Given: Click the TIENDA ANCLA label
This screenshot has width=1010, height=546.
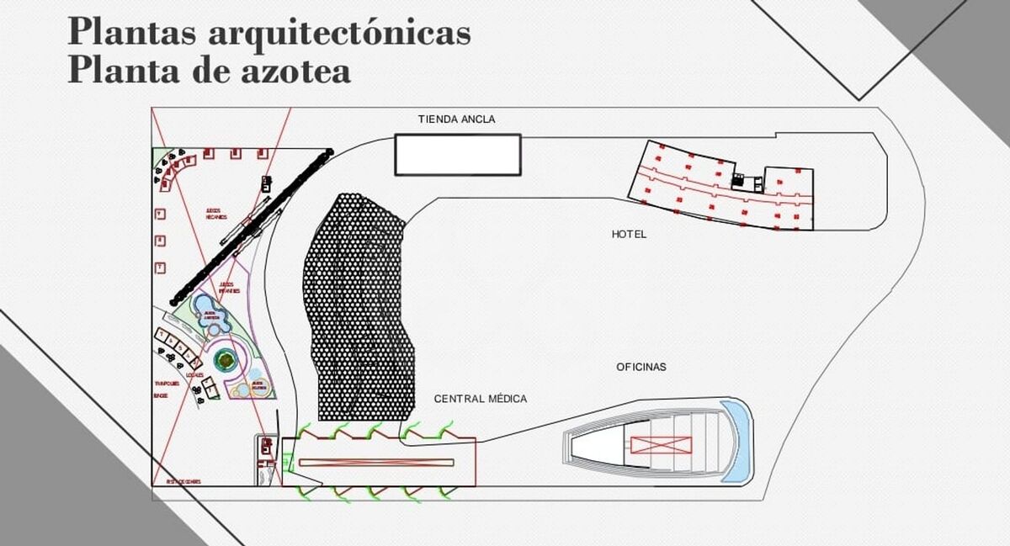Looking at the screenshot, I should coord(456,119).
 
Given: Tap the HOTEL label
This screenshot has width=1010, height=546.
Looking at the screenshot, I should coord(629,234).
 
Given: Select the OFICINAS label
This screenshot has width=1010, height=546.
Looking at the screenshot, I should coord(641,367).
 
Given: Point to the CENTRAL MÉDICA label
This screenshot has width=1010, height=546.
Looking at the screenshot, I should coord(481,399).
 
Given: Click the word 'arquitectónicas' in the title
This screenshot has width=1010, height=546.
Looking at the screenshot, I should coord(338,32).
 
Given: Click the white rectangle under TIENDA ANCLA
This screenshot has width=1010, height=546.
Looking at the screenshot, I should coord(458,155).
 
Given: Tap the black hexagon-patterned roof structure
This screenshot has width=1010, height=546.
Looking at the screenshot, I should coord(360,307).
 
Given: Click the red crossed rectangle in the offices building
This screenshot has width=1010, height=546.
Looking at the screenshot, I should coord(660,446).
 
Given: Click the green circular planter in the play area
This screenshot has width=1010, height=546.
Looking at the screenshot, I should coord(225,362).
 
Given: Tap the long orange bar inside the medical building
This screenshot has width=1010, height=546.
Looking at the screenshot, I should coord(376,462).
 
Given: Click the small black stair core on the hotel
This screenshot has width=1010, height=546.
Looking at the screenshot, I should coord(739,181).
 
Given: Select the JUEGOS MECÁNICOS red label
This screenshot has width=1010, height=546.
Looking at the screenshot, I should coord(216,213).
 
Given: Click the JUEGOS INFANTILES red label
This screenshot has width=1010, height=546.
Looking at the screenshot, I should coord(229,288).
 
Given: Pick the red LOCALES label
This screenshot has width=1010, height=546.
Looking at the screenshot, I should coord(194,375).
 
